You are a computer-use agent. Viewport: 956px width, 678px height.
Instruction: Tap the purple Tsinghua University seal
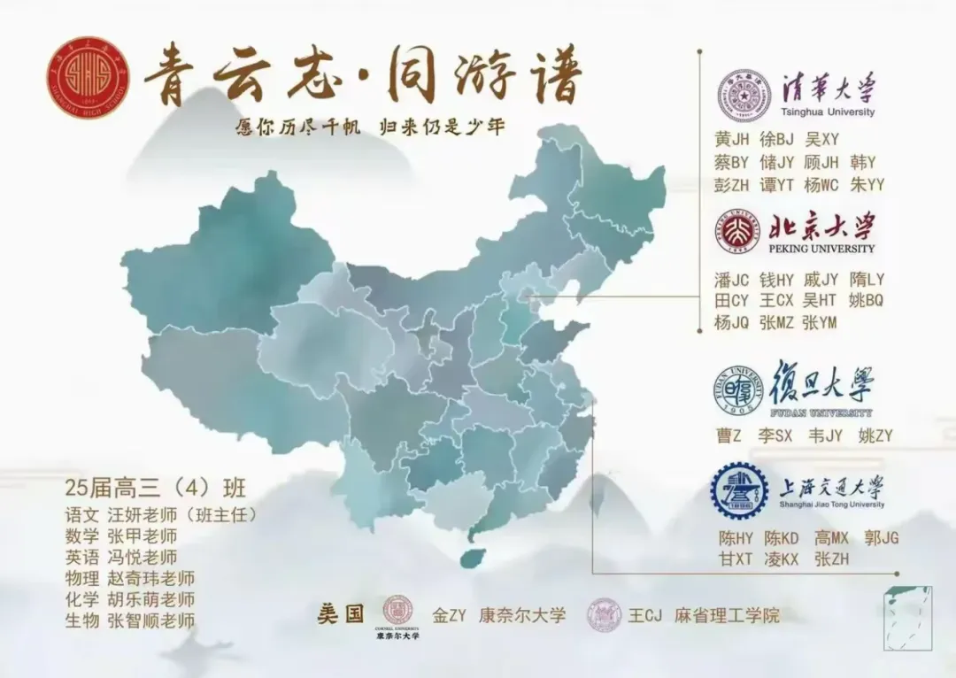[x=744, y=95]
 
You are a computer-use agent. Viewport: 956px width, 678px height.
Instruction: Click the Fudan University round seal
[x=738, y=389]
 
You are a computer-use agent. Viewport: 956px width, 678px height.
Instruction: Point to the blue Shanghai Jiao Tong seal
[x=739, y=490]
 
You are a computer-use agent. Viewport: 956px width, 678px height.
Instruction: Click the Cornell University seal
[x=397, y=611]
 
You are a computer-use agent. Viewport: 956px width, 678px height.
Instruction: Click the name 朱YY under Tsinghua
[x=867, y=185]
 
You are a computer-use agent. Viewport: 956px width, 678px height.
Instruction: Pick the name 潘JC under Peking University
[x=732, y=279]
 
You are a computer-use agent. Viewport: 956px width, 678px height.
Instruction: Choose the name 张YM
[x=819, y=323]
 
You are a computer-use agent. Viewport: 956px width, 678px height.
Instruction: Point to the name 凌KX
[x=781, y=559]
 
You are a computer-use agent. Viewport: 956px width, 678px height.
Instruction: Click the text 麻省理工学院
[x=727, y=615]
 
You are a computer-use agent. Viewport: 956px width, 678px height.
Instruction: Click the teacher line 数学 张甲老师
[x=121, y=536]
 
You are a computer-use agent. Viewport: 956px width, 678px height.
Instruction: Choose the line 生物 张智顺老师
[x=129, y=620]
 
